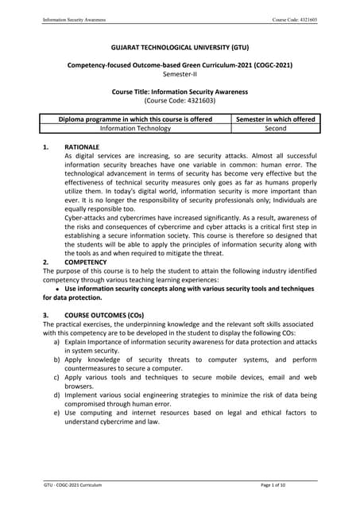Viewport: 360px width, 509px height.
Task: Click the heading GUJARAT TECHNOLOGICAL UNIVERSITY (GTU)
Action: [179, 48]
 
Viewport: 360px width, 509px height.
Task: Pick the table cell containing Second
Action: [275, 128]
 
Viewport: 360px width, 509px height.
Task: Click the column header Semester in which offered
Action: [275, 119]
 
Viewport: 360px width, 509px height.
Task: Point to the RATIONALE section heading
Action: [82, 147]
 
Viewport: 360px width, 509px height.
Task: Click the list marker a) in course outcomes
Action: [57, 343]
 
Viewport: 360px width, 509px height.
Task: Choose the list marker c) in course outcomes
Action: [57, 378]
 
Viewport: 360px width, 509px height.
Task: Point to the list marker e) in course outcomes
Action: [57, 413]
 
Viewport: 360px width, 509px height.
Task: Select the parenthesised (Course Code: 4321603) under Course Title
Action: [179, 101]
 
